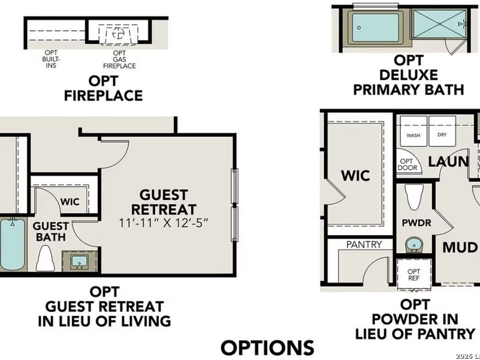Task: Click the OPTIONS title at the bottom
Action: click(268, 347)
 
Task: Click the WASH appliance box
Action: click(413, 135)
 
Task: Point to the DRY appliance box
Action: click(443, 135)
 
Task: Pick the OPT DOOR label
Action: click(407, 164)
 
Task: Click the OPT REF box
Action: click(414, 275)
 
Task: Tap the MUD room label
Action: click(460, 247)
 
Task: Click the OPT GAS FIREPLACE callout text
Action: click(119, 61)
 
